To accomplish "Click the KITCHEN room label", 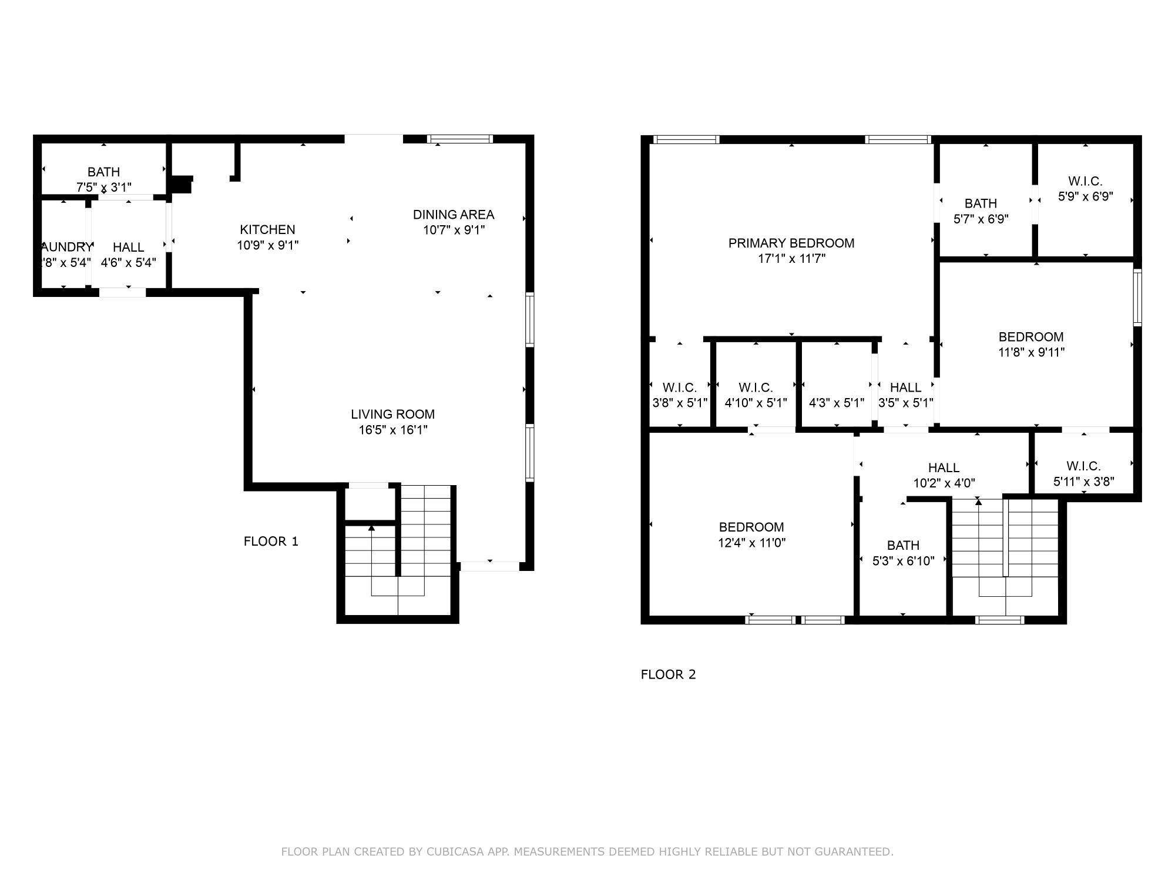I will pyautogui.click(x=267, y=230).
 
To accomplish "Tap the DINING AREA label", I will pyautogui.click(x=453, y=215).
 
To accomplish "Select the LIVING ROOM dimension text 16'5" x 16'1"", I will pyautogui.click(x=392, y=430).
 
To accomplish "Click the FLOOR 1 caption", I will pyautogui.click(x=271, y=541).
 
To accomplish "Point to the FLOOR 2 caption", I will pyautogui.click(x=668, y=674).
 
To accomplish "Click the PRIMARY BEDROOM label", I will pyautogui.click(x=791, y=243).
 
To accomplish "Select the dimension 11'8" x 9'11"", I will pyautogui.click(x=1031, y=352).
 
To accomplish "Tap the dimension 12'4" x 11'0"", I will pyautogui.click(x=751, y=542).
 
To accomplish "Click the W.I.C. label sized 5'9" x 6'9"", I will pyautogui.click(x=1085, y=181).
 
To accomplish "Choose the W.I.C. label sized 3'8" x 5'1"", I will pyautogui.click(x=679, y=387).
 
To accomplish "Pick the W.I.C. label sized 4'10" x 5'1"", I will pyautogui.click(x=756, y=387).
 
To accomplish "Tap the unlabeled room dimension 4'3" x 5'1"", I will pyautogui.click(x=836, y=403).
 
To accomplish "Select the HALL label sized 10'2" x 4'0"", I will pyautogui.click(x=944, y=467).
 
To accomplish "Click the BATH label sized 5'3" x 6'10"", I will pyautogui.click(x=903, y=545).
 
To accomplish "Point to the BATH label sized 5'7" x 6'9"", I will pyautogui.click(x=981, y=203).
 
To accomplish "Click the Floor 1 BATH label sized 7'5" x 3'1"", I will pyautogui.click(x=103, y=172).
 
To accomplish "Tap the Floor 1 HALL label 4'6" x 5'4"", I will pyautogui.click(x=128, y=247).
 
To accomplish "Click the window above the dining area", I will pyautogui.click(x=459, y=139).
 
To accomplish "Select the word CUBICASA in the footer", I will pyautogui.click(x=455, y=851).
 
